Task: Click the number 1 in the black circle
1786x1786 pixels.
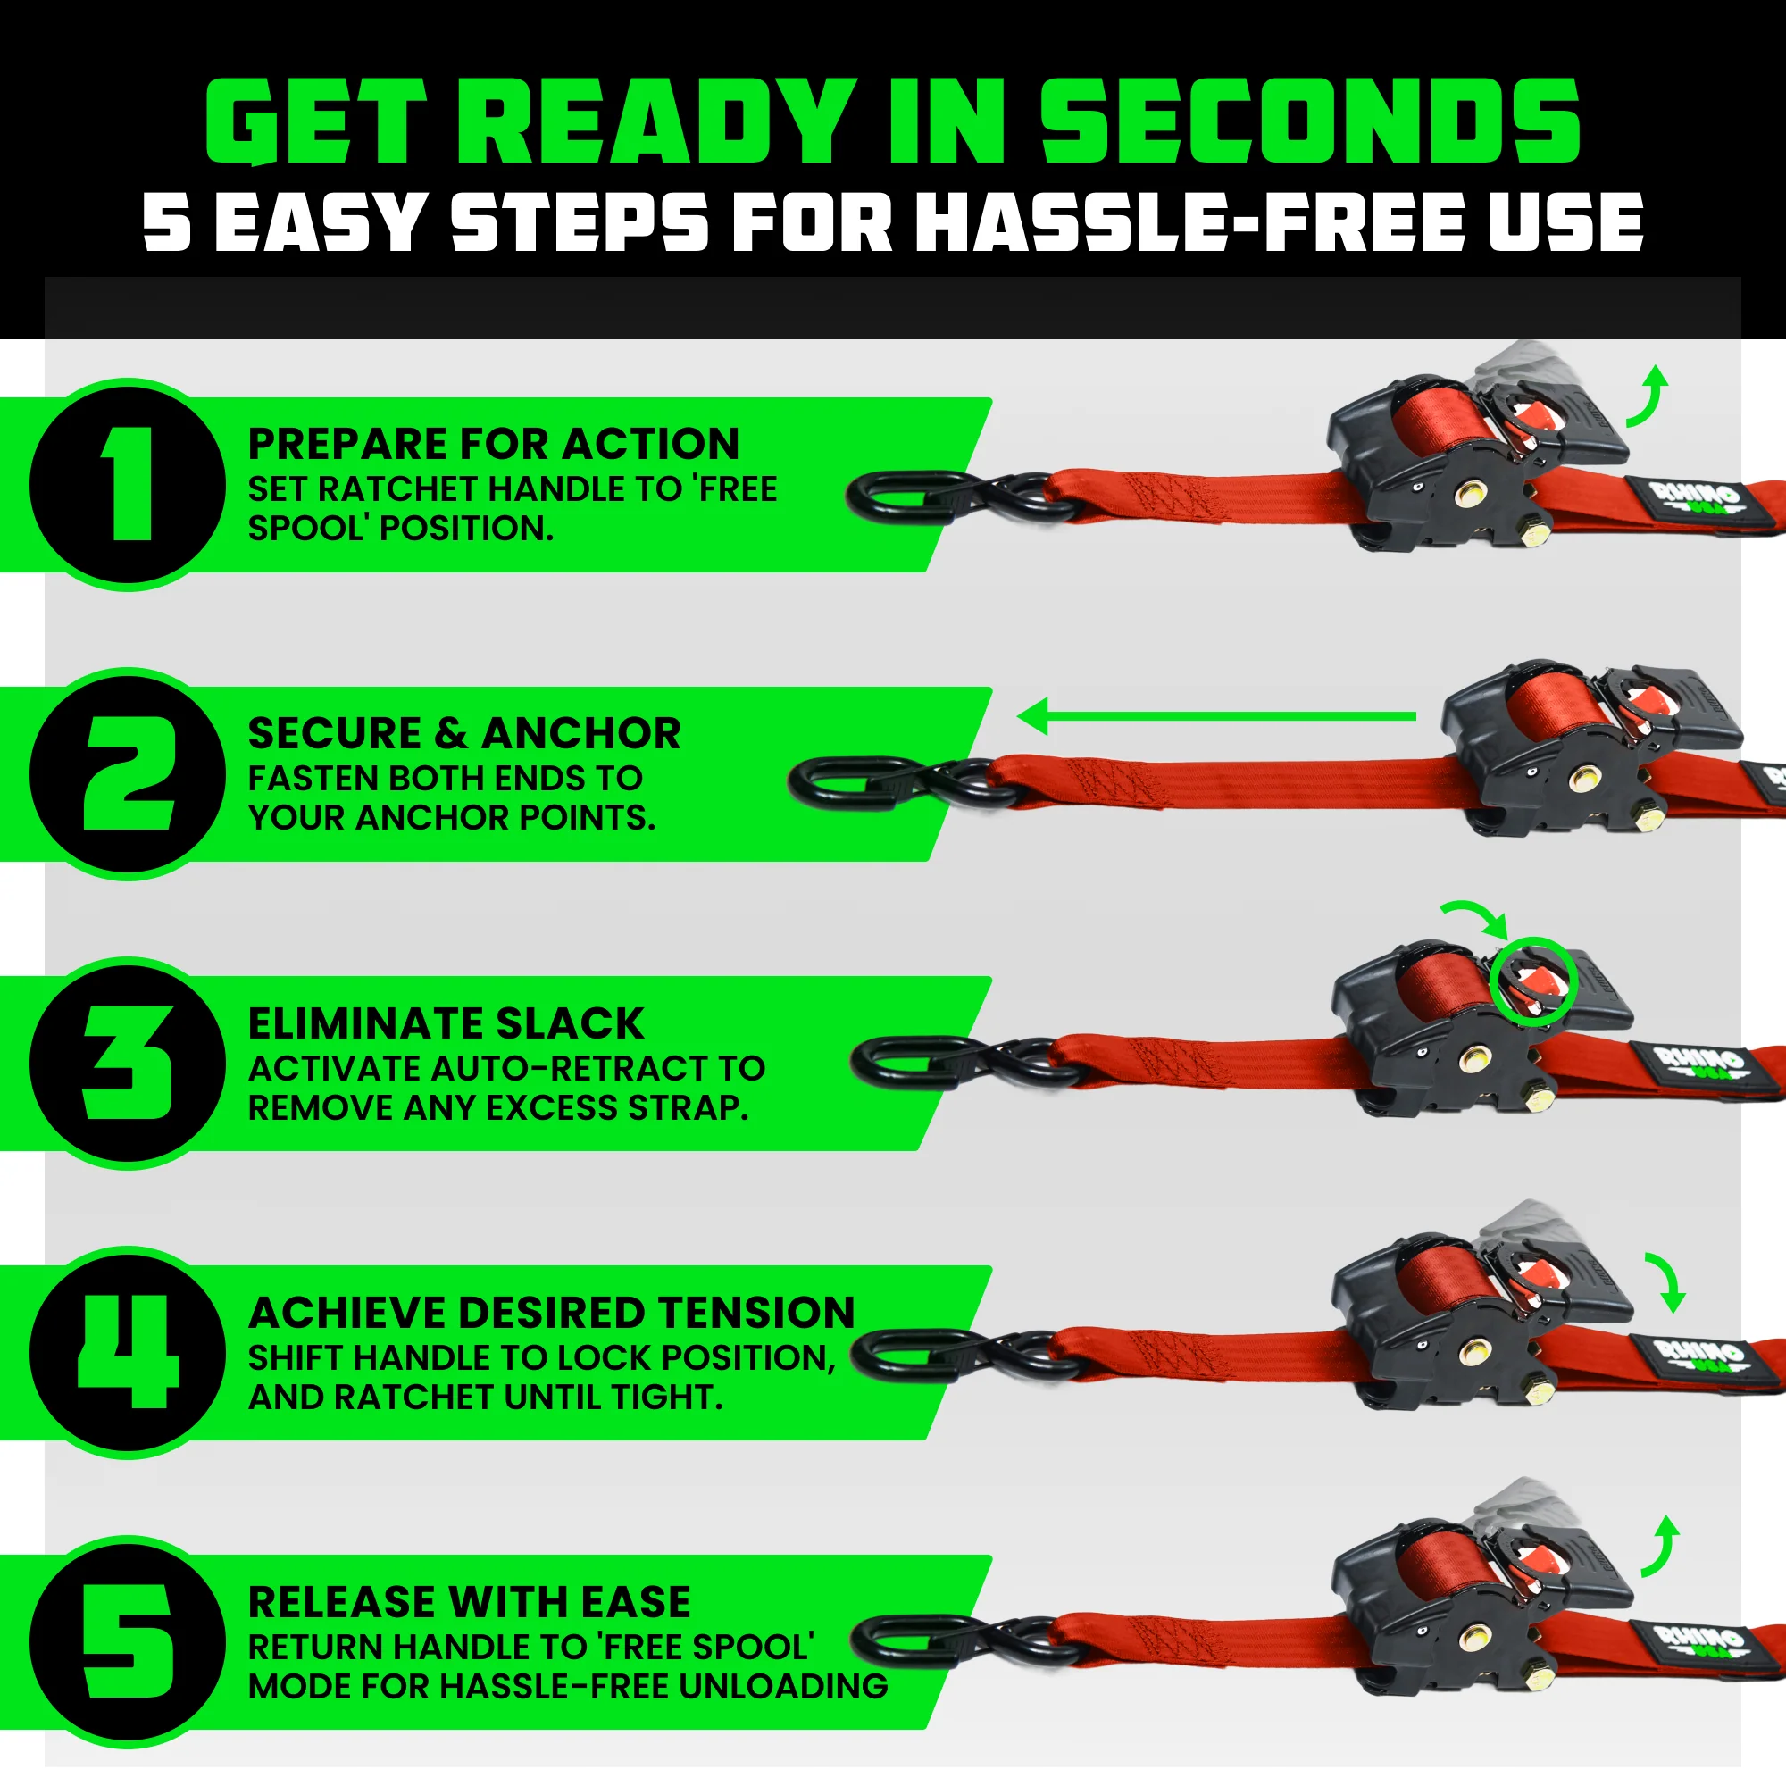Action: point(129,484)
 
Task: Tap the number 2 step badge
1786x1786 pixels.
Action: point(129,773)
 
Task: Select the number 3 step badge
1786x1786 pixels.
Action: point(129,1063)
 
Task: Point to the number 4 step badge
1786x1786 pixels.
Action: point(129,1352)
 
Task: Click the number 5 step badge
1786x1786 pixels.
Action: point(129,1642)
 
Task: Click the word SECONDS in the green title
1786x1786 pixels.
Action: point(1311,121)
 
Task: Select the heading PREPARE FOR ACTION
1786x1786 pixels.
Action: point(494,445)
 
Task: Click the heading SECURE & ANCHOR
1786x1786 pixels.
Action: point(464,734)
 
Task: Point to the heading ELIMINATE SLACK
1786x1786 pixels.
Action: point(446,1023)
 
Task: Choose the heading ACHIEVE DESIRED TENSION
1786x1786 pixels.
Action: point(552,1313)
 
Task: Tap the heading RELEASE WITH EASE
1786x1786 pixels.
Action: point(469,1602)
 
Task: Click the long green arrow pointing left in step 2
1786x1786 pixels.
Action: point(1215,716)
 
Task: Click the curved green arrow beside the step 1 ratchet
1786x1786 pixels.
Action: point(1648,397)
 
